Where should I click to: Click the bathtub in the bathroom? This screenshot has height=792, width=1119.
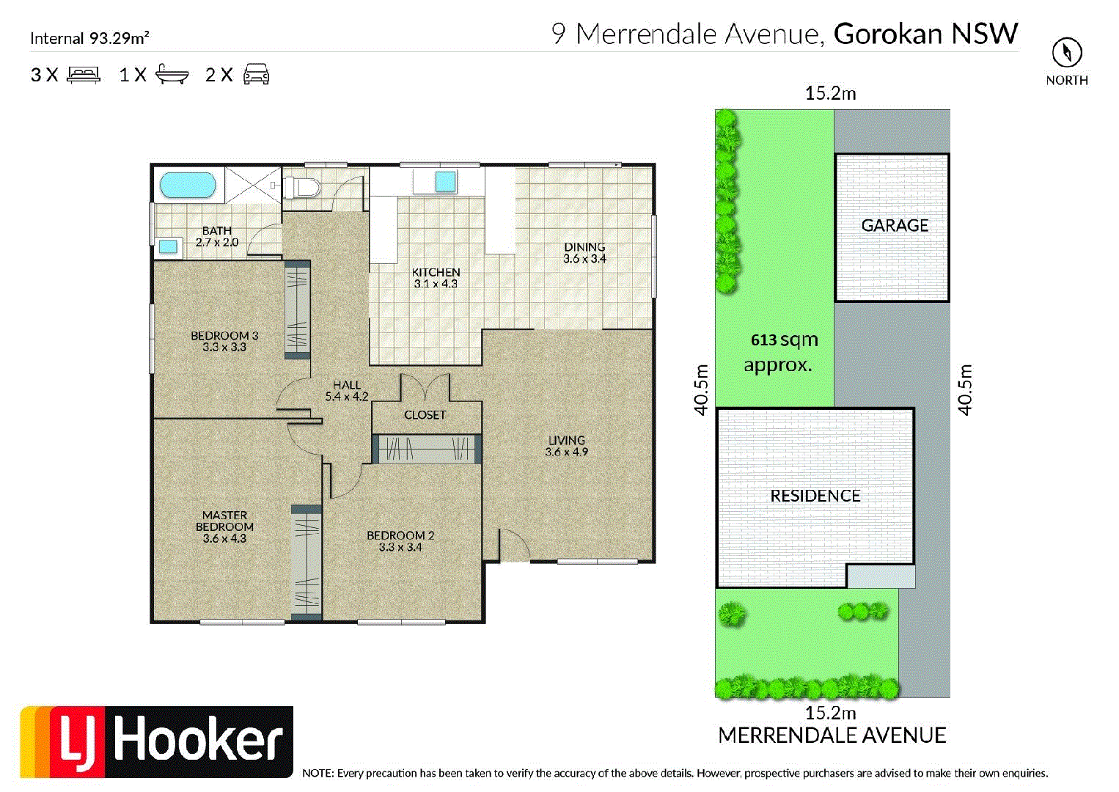[x=188, y=186]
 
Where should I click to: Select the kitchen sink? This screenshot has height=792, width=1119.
[x=445, y=181]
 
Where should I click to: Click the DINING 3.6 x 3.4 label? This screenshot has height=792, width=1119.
[x=584, y=253]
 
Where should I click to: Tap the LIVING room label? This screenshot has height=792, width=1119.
[x=567, y=446]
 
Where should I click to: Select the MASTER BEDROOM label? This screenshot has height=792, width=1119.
[x=224, y=527]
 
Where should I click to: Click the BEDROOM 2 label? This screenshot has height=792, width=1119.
[x=400, y=541]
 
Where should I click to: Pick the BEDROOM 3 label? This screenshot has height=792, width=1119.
[x=224, y=341]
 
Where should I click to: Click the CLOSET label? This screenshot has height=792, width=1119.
[x=425, y=415]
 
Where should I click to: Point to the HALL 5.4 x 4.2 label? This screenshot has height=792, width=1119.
[x=347, y=390]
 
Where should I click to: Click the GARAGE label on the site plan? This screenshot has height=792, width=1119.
[x=895, y=226]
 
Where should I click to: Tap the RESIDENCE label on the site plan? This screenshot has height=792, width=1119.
[x=815, y=496]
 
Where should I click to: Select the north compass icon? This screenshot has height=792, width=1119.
[x=1067, y=53]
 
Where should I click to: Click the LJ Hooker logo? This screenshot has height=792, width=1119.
[x=157, y=741]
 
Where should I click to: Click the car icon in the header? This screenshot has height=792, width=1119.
[x=256, y=74]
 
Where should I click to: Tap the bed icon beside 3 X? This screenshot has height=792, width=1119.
[x=84, y=74]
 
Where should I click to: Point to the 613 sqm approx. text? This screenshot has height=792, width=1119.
[x=782, y=352]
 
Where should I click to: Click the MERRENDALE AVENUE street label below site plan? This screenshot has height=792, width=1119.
[x=832, y=736]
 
